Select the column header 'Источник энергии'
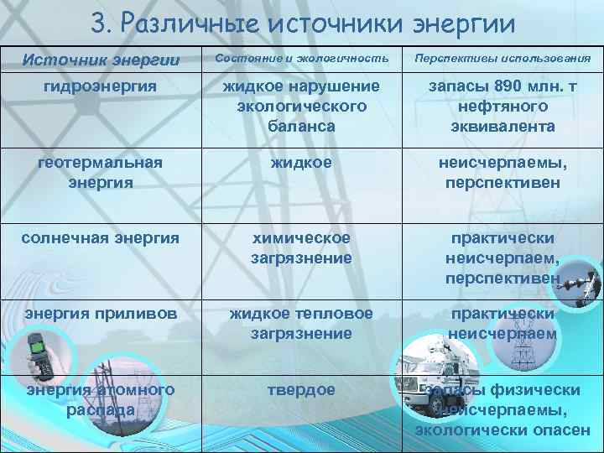click(101, 60)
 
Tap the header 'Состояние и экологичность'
click(301, 59)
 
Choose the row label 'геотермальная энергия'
click(101, 171)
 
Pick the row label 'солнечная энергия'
click(101, 237)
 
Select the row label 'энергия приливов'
click(101, 313)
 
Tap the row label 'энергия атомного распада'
click(101, 399)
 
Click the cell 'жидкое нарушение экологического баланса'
click(301, 107)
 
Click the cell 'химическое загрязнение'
click(301, 247)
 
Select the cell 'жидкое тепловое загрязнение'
click(301, 323)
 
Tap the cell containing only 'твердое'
click(301, 390)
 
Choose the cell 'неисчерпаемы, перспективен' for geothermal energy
click(502, 171)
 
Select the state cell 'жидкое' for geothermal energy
click(301, 161)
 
